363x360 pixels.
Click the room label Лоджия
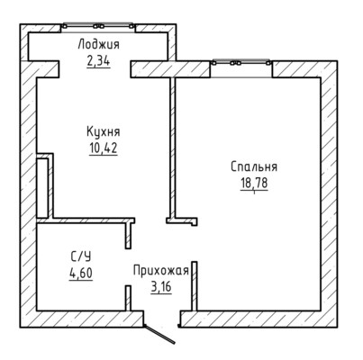(x=98, y=44)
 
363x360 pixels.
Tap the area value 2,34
(x=98, y=61)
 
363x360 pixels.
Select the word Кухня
(x=104, y=131)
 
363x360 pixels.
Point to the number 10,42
(x=104, y=148)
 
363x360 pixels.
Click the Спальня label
(x=254, y=166)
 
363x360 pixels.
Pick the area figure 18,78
(x=254, y=183)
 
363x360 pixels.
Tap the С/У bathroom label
(x=81, y=256)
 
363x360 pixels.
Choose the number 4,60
(x=81, y=274)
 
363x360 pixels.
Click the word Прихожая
(x=161, y=271)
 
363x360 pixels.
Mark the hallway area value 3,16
(x=161, y=287)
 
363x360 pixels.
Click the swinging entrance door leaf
(x=159, y=334)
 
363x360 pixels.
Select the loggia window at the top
(x=98, y=26)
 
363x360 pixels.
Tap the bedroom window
(x=240, y=63)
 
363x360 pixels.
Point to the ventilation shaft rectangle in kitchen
(x=42, y=188)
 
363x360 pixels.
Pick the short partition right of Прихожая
(x=195, y=286)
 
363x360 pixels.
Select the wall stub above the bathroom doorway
(x=129, y=235)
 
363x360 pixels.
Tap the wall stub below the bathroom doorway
(x=128, y=298)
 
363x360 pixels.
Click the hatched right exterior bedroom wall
(x=329, y=193)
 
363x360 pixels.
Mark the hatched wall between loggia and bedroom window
(x=170, y=69)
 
